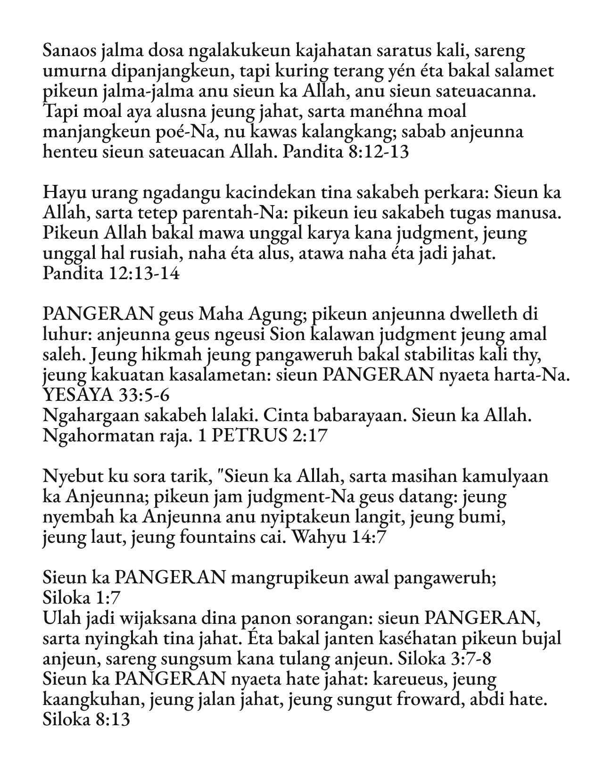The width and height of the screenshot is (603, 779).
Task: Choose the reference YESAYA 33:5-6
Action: (x=103, y=396)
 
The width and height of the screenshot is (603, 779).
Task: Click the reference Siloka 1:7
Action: (x=82, y=598)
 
